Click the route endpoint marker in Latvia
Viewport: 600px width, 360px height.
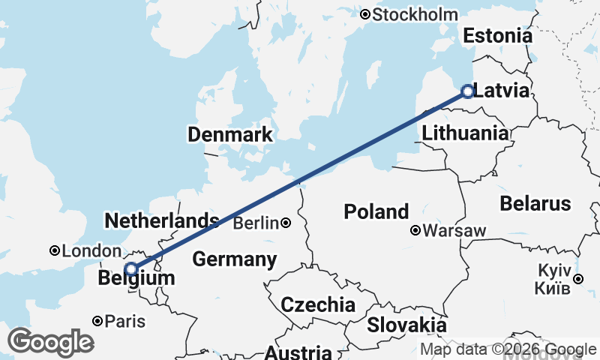467,91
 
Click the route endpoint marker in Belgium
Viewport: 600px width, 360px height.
131,268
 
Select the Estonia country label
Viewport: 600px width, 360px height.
497,36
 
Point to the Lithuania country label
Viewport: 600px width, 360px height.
464,133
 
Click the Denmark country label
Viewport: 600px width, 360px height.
230,135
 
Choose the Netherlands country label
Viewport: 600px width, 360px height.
161,220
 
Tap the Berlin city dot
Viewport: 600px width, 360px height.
286,223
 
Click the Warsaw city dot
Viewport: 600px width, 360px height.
415,231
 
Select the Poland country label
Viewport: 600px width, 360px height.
376,211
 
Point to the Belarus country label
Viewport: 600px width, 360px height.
535,203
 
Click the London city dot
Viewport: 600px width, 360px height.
54,250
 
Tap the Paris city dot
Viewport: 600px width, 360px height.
97,321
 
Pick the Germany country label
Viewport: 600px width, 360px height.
235,259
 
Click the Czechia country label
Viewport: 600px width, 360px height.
317,304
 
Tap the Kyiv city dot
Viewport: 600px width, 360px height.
578,279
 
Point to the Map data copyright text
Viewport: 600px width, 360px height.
508,349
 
